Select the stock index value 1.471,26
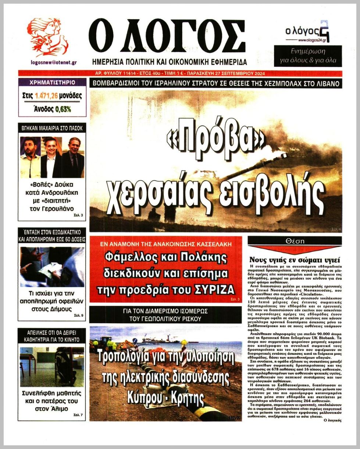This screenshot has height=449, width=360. pos(46,96)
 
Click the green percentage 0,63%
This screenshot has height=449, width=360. pos(63,109)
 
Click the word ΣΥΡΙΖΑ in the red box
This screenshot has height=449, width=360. pos(214,290)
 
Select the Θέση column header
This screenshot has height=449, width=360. pos(295,241)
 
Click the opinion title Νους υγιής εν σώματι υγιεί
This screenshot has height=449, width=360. pos(295,259)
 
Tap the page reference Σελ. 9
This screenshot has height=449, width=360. pos(79,315)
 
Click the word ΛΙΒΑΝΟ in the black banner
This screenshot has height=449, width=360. pos(324,83)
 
